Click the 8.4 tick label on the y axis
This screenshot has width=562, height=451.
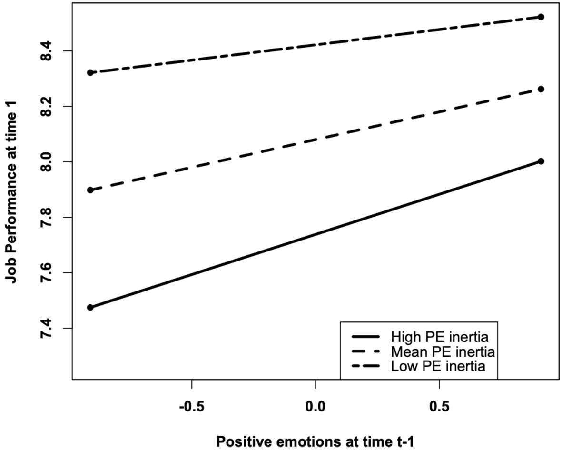click(46, 51)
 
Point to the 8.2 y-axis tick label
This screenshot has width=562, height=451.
click(46, 106)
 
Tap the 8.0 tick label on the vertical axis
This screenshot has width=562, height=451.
click(46, 162)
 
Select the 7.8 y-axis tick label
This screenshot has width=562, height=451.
click(46, 217)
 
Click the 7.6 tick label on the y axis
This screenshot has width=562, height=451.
click(46, 273)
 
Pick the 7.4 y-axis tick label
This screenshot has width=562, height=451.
click(46, 328)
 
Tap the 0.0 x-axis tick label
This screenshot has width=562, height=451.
click(316, 407)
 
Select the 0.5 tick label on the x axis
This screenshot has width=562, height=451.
click(439, 407)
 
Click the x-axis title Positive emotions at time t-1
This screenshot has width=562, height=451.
click(315, 441)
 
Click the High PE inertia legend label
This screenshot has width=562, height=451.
click(439, 337)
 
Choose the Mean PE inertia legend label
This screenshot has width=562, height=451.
click(443, 351)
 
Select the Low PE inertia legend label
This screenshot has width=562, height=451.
click(438, 366)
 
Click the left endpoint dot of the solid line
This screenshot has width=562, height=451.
click(90, 308)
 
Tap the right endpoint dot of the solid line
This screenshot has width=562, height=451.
click(541, 161)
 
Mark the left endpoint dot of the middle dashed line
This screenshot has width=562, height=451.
click(90, 190)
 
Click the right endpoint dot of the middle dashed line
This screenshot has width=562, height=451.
click(541, 89)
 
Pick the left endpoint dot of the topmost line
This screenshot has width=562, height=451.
click(90, 72)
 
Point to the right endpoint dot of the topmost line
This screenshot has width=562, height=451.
click(541, 17)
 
